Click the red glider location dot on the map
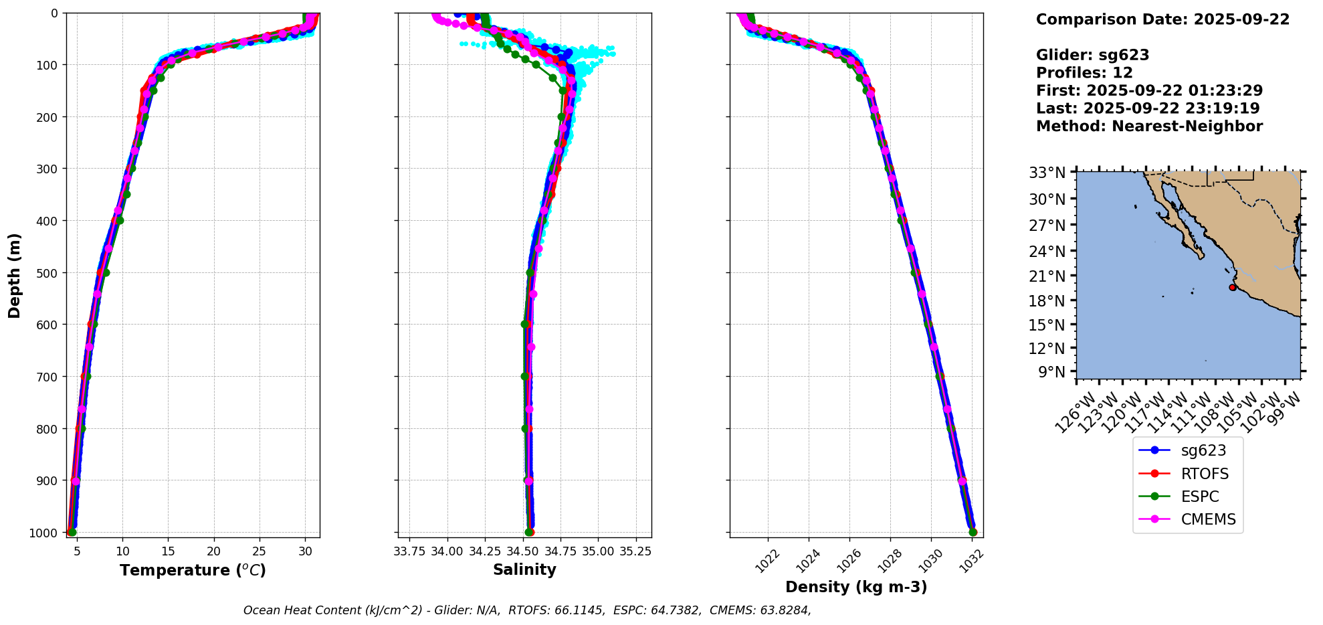tap(1232, 287)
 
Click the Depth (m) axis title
tap(15, 275)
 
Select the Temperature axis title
tap(193, 570)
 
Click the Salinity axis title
tap(524, 569)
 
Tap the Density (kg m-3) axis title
tap(856, 587)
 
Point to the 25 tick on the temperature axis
tap(260, 551)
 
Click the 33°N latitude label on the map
tap(1047, 173)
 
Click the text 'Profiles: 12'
tap(1084, 73)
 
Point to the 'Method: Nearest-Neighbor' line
tap(1149, 126)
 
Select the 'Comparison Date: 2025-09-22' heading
tap(1162, 19)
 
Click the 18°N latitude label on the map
tap(1047, 301)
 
